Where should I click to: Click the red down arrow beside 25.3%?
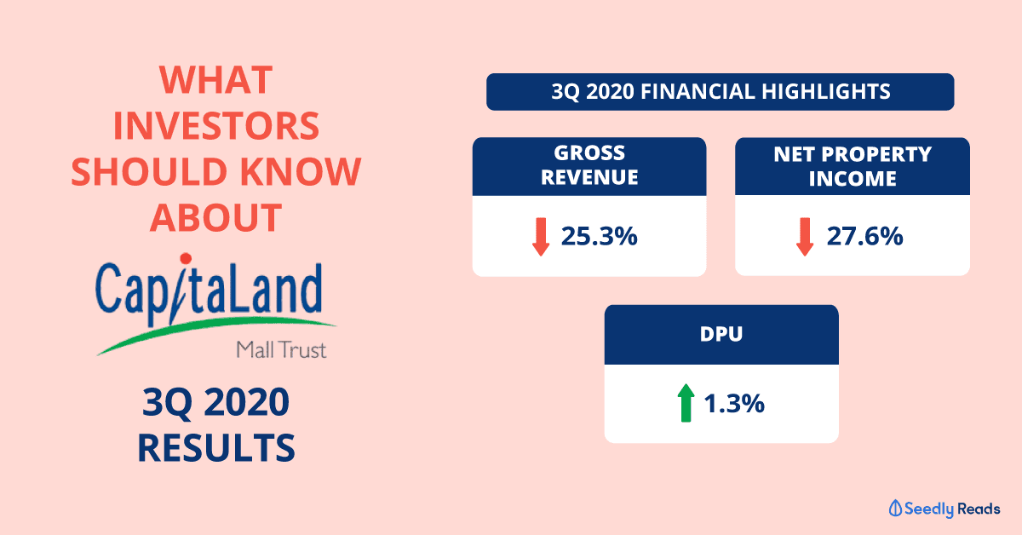point(541,237)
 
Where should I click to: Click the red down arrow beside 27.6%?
point(805,237)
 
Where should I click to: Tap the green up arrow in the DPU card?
point(686,403)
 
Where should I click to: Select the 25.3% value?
point(599,237)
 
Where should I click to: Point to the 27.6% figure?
point(864,237)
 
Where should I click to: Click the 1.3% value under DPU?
point(734,404)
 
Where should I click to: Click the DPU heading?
point(721,334)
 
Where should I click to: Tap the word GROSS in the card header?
point(589,153)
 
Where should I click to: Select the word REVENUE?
point(589,177)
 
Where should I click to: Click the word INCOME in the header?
point(853,179)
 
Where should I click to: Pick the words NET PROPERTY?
point(853,154)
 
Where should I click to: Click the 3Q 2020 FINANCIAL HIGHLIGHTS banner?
point(721,92)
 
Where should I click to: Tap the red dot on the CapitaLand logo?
point(186,259)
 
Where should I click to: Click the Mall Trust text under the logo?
point(281,350)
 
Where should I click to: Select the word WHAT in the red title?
point(215,80)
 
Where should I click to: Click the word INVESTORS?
point(215,126)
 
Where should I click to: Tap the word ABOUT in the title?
point(215,218)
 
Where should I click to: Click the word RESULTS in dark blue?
point(215,448)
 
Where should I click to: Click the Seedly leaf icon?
point(895,508)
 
